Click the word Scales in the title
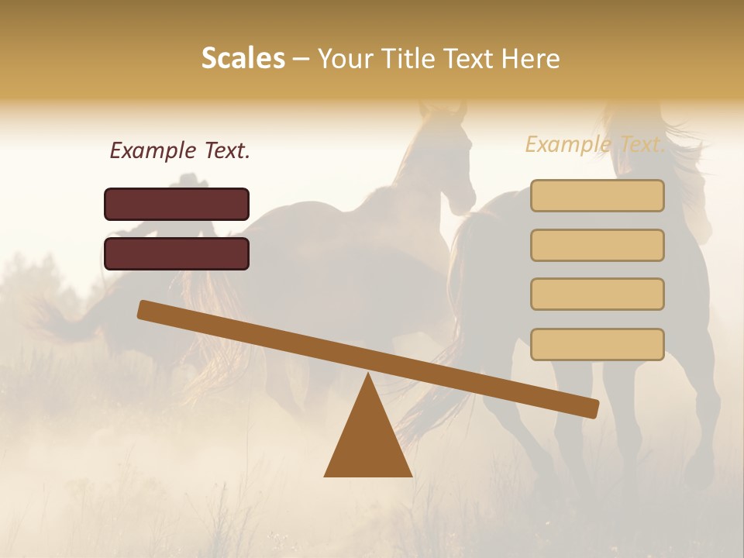[243, 58]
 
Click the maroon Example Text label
[180, 150]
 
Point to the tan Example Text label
[594, 144]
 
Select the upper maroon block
[177, 204]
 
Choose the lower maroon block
[177, 253]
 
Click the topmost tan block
[597, 195]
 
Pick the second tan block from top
[597, 245]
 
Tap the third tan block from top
[597, 294]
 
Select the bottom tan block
[597, 344]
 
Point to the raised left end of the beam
[144, 309]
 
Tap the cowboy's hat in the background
[189, 181]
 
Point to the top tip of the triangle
[368, 377]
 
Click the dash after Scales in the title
[301, 58]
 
